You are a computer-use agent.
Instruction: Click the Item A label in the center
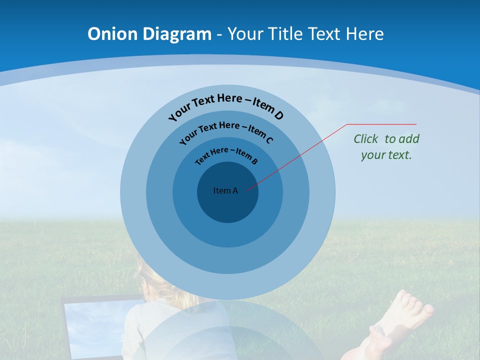click(225, 190)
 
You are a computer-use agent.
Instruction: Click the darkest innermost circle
click(227, 205)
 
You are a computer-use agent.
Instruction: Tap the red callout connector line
click(300, 155)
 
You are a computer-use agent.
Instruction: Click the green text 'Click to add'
click(386, 139)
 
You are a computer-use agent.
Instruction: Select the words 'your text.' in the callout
click(386, 155)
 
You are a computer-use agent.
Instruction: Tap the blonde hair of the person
click(155, 285)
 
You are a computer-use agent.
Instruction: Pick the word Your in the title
click(247, 34)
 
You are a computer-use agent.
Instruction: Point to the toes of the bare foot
click(415, 303)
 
